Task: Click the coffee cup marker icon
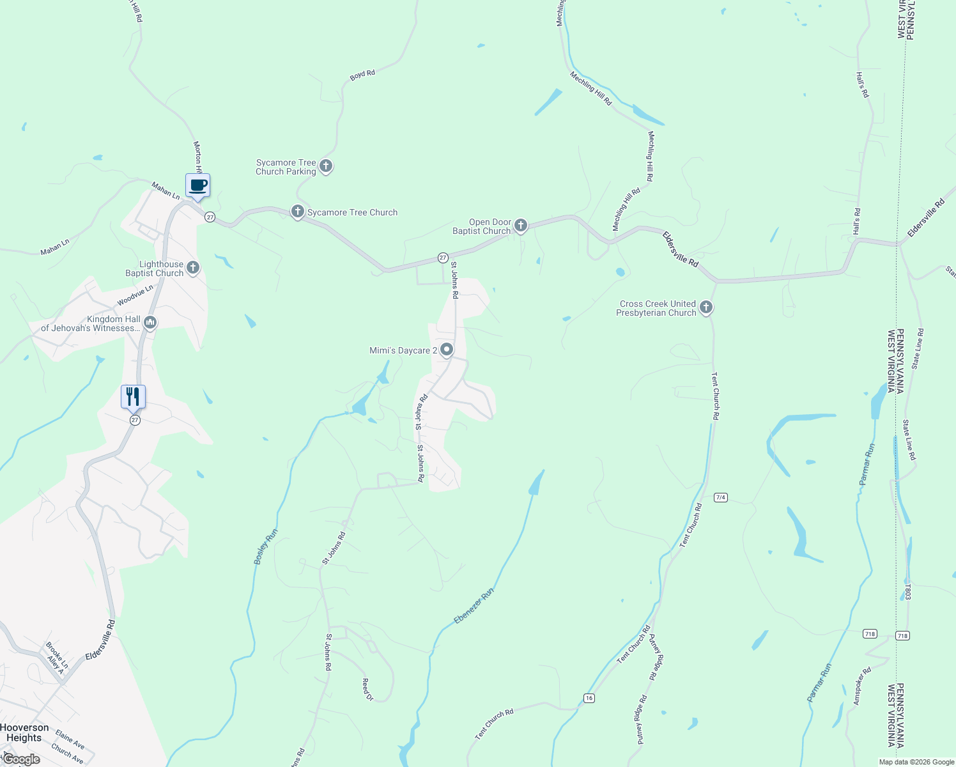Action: click(198, 186)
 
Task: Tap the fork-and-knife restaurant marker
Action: click(133, 397)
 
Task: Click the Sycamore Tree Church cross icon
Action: click(297, 212)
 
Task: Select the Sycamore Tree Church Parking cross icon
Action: click(326, 167)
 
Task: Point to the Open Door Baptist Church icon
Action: click(521, 225)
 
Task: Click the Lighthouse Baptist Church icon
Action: click(193, 268)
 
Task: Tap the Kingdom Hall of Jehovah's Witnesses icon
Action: click(150, 322)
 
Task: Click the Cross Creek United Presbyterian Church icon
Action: click(706, 307)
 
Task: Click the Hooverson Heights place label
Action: click(24, 732)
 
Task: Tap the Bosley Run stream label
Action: click(266, 546)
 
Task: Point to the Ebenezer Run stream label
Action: click(474, 607)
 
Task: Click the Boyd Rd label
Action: click(362, 75)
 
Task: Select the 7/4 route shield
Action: click(721, 497)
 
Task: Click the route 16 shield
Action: click(589, 698)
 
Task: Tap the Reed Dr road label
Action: click(367, 690)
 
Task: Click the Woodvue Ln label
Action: click(135, 295)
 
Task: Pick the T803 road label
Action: click(907, 591)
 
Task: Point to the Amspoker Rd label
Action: click(862, 686)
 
